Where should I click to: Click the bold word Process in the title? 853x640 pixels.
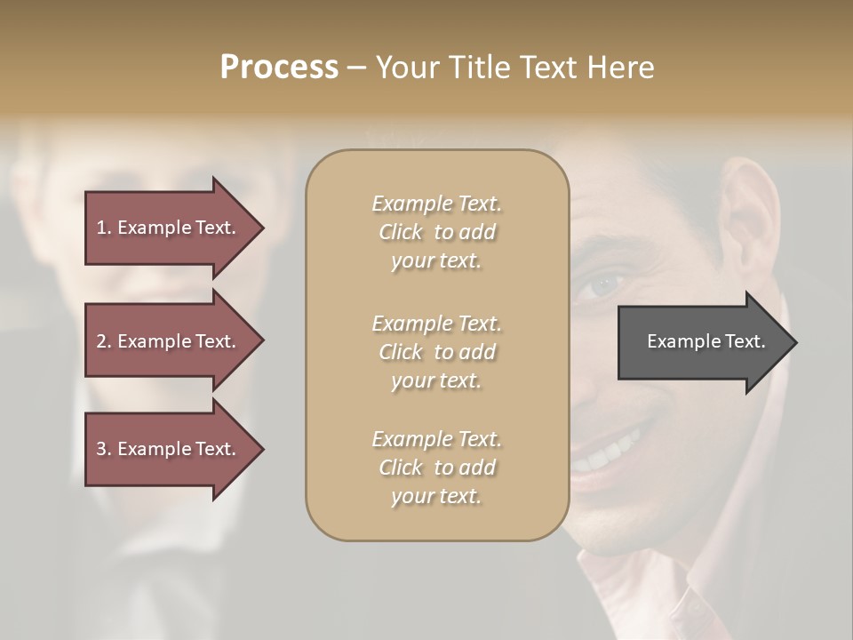[x=279, y=68]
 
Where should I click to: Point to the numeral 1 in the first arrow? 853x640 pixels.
[x=101, y=228]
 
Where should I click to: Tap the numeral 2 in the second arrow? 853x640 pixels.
[x=101, y=341]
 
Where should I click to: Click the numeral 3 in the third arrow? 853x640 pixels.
[x=101, y=449]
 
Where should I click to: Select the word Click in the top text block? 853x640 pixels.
[x=401, y=232]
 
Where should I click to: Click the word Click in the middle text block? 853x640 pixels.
[x=401, y=352]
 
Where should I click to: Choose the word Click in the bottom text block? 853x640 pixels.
[x=401, y=468]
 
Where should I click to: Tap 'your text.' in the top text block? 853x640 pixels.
[x=436, y=261]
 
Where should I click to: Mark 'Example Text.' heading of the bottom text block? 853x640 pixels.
[x=436, y=439]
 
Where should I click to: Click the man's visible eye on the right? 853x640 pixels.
[x=605, y=284]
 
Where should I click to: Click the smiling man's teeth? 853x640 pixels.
[x=609, y=453]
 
